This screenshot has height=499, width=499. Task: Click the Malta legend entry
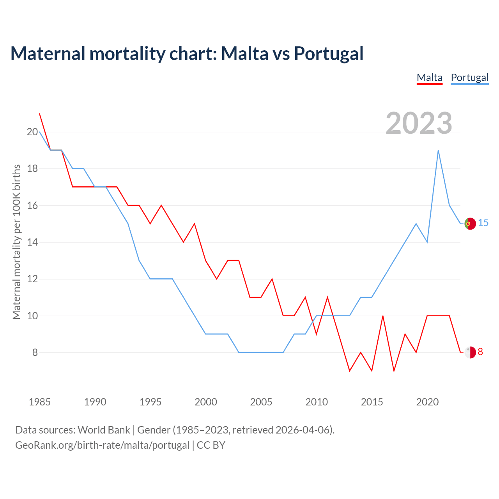point(430,78)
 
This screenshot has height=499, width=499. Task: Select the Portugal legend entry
point(469,78)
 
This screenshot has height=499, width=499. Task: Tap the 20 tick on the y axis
point(32,132)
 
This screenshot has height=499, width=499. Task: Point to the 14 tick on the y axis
point(32,242)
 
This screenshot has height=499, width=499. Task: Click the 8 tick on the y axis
point(35,353)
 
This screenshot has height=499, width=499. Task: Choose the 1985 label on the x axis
point(40,402)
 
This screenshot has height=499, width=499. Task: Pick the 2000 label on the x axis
point(206,402)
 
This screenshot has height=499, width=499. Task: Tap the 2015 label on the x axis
point(372,402)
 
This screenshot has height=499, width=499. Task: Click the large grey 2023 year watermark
point(419,123)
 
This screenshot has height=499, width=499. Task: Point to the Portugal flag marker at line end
point(470,223)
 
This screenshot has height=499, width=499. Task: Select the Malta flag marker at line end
point(470,352)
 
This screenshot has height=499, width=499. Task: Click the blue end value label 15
point(483,223)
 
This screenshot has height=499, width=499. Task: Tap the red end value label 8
point(480,352)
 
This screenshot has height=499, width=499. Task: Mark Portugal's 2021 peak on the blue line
point(438,150)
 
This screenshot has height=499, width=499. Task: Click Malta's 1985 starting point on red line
point(39,113)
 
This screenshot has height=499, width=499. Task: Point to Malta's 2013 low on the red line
point(350,371)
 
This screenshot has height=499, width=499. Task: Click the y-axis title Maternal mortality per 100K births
point(16,242)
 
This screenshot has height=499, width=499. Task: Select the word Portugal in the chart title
point(329,53)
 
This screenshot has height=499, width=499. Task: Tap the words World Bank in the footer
point(104,430)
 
